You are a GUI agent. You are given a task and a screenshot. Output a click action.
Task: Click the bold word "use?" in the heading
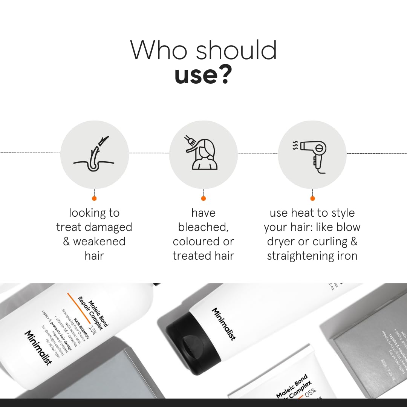[x=203, y=75]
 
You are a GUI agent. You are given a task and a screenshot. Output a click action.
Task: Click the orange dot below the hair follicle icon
[x=94, y=198]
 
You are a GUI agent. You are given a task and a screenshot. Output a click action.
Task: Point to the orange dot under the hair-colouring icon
[x=203, y=198]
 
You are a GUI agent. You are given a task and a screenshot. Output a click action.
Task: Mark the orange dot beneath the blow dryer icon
[x=312, y=198]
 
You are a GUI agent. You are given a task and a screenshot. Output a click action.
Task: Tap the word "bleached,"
[x=203, y=227]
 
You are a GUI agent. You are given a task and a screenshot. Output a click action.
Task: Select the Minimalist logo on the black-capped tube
[x=223, y=324]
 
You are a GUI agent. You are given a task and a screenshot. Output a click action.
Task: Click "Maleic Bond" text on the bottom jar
[x=292, y=385]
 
